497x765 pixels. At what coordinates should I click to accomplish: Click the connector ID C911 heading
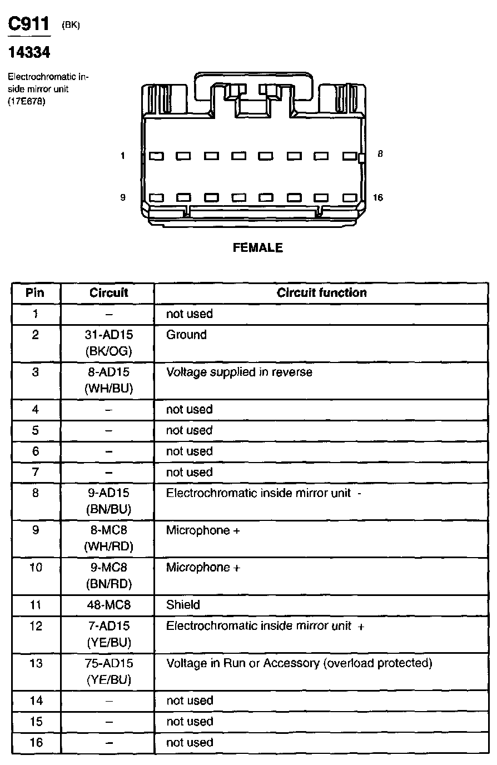(x=28, y=24)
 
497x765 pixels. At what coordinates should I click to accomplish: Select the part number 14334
(x=28, y=52)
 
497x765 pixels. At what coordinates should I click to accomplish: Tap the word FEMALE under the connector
(x=258, y=248)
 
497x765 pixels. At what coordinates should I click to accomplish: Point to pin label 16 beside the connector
(x=378, y=198)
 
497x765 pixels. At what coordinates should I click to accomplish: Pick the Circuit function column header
(x=321, y=293)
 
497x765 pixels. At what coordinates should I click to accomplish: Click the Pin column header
(x=35, y=293)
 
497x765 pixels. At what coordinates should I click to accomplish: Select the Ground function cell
(x=186, y=335)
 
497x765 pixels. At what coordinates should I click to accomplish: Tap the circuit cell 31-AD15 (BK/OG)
(x=109, y=342)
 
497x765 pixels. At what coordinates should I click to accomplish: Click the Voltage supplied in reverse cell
(x=239, y=372)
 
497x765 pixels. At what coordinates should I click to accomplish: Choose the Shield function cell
(x=183, y=605)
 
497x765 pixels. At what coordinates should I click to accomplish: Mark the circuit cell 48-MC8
(x=109, y=605)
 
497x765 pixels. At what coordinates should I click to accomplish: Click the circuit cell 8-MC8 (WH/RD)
(x=109, y=538)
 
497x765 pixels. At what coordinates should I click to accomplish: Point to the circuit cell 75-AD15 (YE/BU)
(x=109, y=671)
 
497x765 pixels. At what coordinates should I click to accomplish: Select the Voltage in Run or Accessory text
(x=299, y=663)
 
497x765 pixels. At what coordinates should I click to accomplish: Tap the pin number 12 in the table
(x=36, y=626)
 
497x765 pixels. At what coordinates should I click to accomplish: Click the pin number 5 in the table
(x=36, y=430)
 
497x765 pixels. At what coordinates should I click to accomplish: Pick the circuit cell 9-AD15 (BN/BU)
(x=109, y=501)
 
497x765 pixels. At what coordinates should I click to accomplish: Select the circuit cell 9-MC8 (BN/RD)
(x=109, y=575)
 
